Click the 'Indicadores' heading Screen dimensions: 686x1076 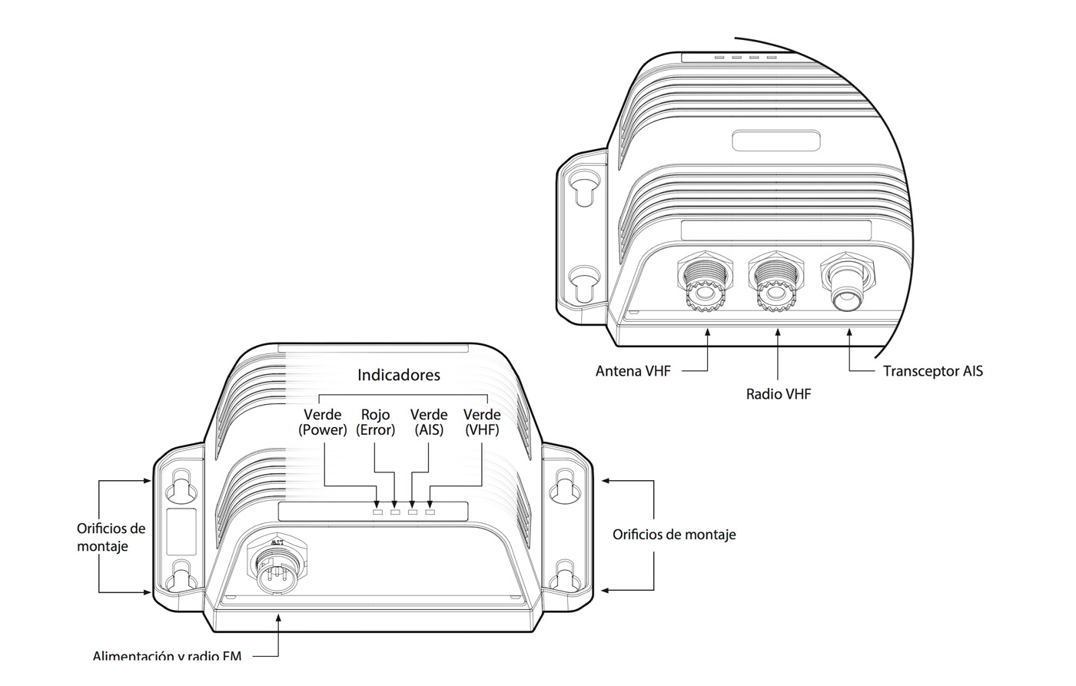[398, 375]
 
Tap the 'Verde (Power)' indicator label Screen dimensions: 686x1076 [322, 423]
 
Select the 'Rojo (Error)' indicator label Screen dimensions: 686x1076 [375, 423]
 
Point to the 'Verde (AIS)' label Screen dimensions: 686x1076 [428, 423]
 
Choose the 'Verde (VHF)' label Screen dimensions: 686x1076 [482, 423]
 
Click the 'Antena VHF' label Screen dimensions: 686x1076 [633, 371]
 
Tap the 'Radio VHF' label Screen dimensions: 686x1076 [778, 394]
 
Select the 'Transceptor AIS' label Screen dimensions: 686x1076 [932, 371]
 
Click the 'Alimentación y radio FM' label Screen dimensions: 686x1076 [167, 656]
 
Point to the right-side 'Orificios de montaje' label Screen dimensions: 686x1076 [673, 534]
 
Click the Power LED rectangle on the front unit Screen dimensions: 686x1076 [377, 512]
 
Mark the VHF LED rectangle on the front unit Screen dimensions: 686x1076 [430, 512]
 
